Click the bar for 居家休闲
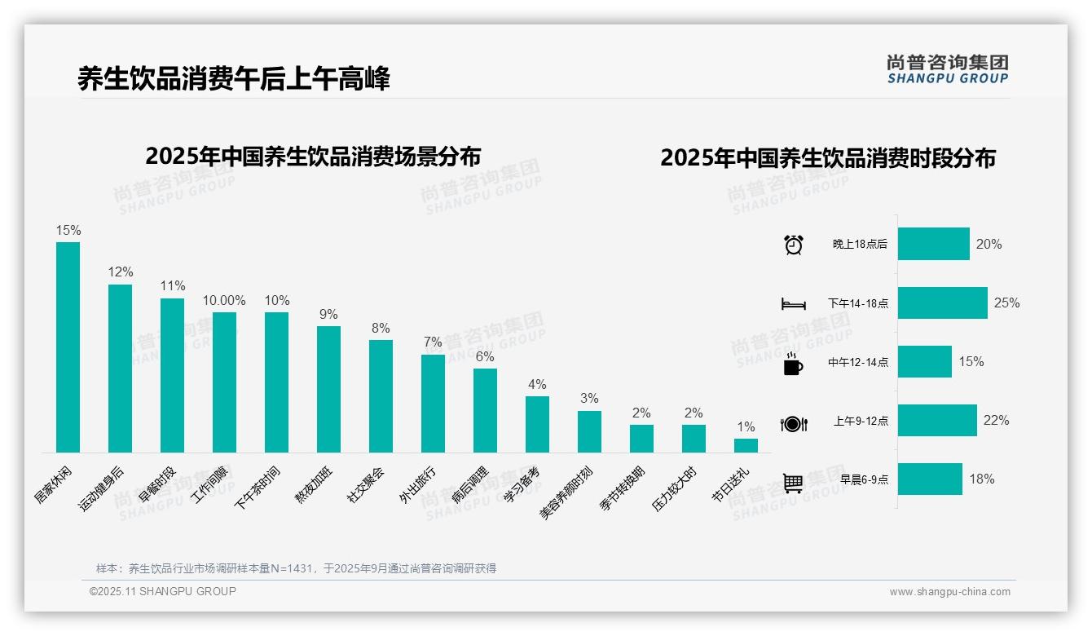68,347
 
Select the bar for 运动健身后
120,368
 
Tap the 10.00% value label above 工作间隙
224,300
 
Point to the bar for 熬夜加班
328,389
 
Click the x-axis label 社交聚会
367,485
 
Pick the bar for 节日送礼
746,445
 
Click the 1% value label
746,426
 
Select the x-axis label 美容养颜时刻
566,493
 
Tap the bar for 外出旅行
433,403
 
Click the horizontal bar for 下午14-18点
942,303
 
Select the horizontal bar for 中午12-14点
924,362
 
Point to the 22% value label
996,421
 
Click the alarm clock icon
793,245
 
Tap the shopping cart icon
793,483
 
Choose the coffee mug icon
793,364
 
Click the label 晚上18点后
860,245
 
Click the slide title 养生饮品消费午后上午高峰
234,79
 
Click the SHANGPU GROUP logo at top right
947,68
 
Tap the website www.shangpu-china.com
949,592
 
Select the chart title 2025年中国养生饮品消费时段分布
828,158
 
